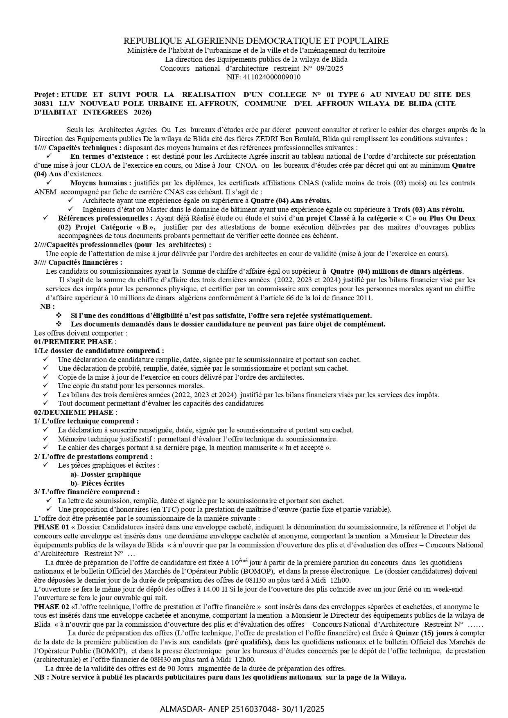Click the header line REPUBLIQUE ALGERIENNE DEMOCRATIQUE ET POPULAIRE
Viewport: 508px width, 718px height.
(256, 41)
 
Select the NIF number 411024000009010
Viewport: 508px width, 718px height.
(272, 77)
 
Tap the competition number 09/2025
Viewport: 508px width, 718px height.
(330, 68)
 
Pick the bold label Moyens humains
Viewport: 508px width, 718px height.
(101, 183)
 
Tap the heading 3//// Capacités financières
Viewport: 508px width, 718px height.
(78, 262)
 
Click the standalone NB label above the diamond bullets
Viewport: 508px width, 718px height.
(47, 306)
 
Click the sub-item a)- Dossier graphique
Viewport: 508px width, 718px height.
(106, 474)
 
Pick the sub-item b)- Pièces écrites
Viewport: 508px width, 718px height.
(97, 483)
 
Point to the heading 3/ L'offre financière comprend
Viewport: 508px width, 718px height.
(86, 492)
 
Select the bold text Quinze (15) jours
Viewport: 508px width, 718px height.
(423, 633)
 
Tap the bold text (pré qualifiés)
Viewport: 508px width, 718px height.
(248, 642)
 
